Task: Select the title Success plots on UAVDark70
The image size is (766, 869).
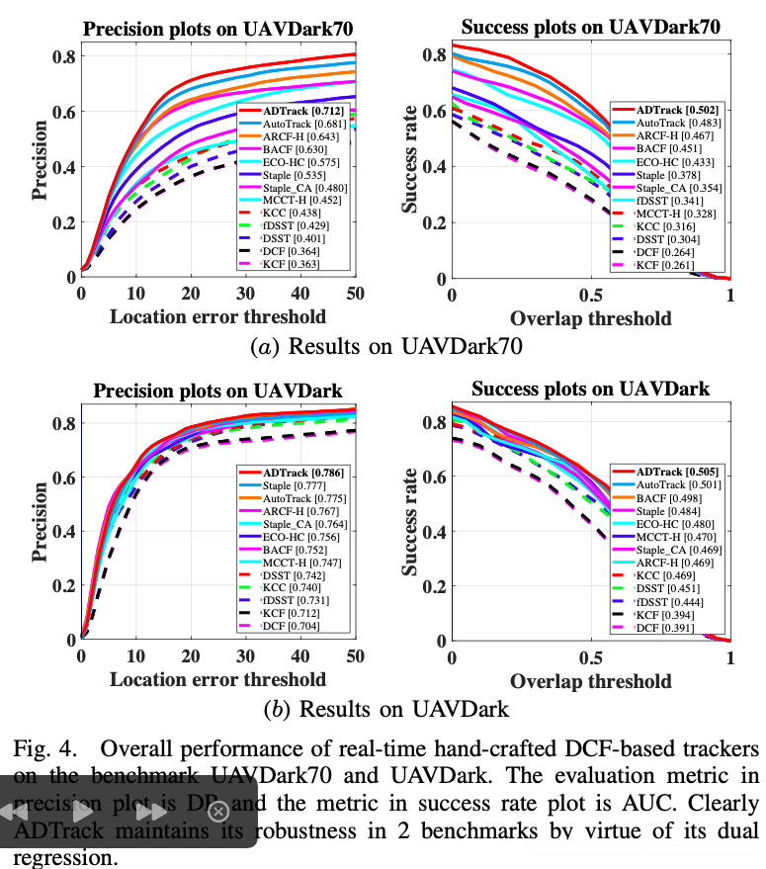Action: [591, 27]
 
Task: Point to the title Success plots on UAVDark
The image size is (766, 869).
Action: [591, 389]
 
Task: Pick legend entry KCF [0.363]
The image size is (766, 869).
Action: [293, 264]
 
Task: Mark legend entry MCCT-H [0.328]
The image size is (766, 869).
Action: [669, 212]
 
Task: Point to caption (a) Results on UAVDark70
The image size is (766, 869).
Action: [385, 346]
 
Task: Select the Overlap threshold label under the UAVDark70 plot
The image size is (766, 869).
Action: [591, 317]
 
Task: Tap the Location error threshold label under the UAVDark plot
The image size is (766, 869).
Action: [217, 679]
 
